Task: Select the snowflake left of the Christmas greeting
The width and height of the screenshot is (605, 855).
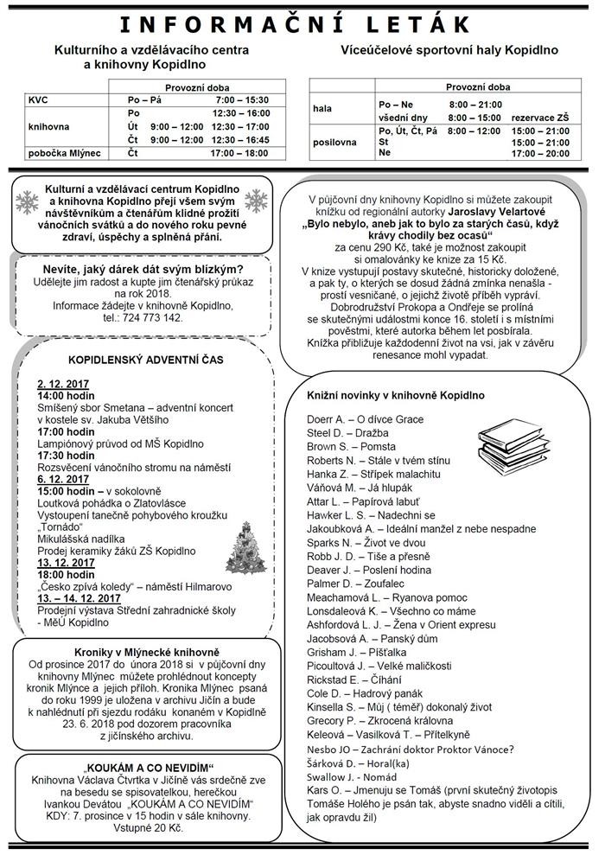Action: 29,203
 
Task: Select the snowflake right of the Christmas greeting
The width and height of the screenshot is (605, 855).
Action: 256,203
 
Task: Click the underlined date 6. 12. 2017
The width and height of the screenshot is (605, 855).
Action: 63,478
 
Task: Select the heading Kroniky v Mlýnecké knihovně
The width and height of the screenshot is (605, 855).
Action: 142,652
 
